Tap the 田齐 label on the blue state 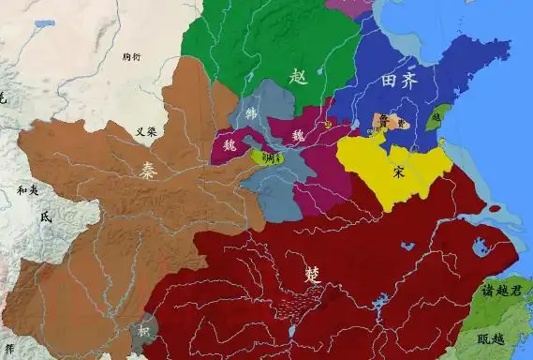point(399,82)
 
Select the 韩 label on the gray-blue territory point(250,113)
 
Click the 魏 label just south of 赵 point(299,135)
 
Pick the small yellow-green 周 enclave point(271,157)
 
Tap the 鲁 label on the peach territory point(383,120)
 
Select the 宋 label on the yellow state point(399,172)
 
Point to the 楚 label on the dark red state point(313,275)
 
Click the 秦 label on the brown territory point(149,172)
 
